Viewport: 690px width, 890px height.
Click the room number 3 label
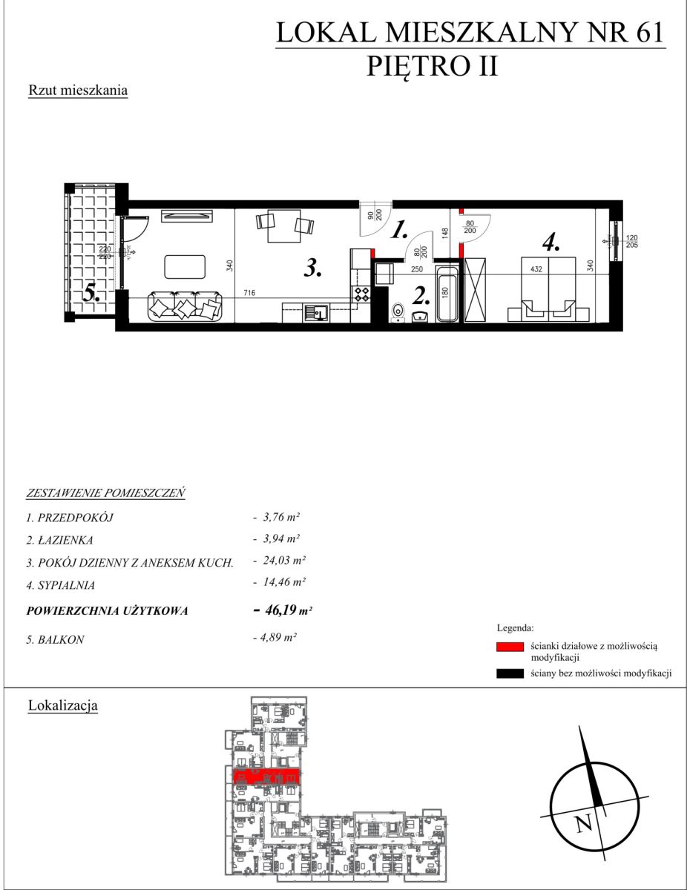coord(313,269)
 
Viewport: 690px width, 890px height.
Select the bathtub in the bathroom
coord(447,293)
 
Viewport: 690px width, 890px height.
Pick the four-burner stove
coord(362,293)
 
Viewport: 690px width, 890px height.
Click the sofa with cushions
coord(185,306)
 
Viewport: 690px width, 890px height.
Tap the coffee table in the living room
coord(185,266)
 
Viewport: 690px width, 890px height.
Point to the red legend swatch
coord(510,647)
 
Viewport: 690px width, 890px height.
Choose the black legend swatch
coord(510,674)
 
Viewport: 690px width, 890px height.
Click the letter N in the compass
coord(585,823)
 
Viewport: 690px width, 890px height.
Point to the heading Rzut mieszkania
coord(78,90)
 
